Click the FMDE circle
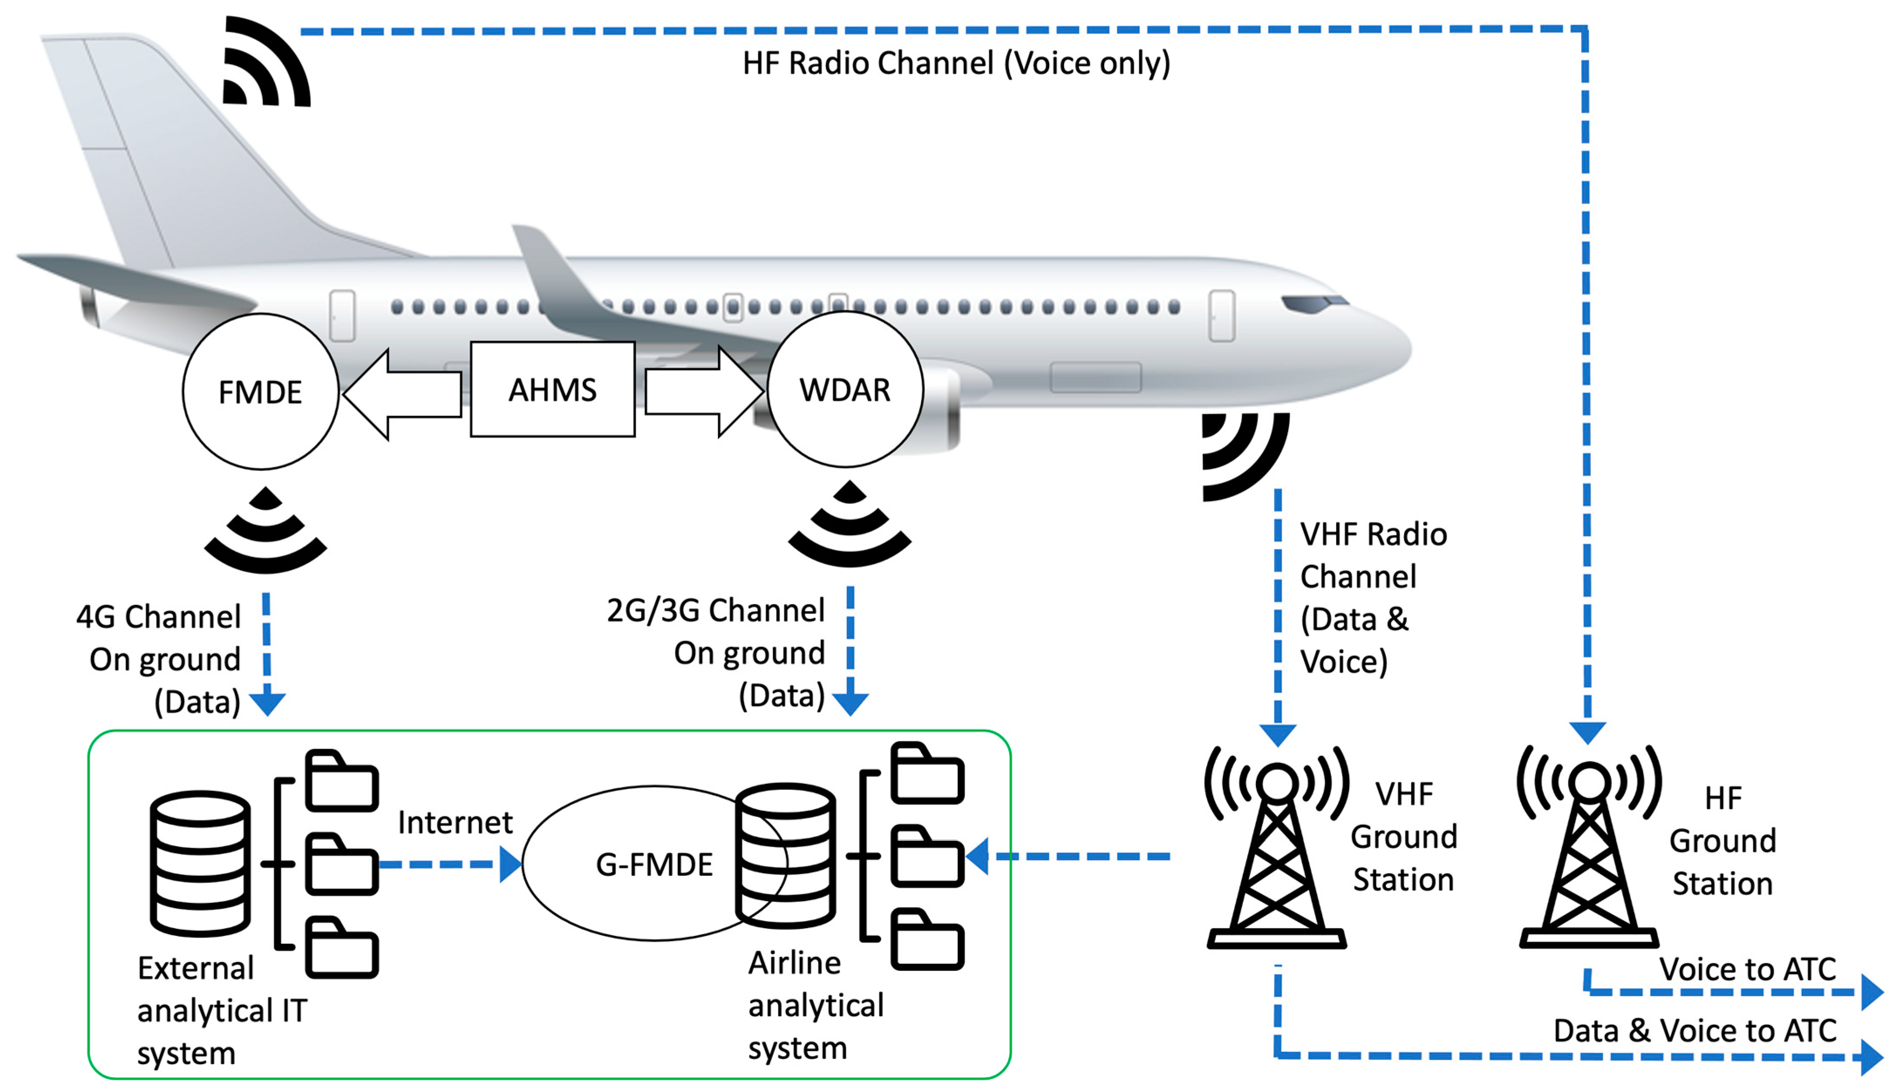pos(260,391)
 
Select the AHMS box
pos(553,389)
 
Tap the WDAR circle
pos(845,389)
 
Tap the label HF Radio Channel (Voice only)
pos(956,63)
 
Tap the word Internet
pos(454,823)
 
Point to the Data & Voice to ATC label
pos(1695,1031)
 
